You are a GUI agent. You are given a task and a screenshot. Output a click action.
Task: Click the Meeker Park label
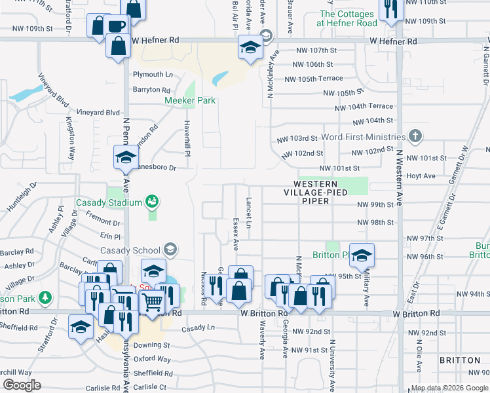[x=189, y=100]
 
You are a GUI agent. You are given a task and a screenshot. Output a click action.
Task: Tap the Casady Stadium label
[x=109, y=202]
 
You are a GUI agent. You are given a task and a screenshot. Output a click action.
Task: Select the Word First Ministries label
[x=365, y=137]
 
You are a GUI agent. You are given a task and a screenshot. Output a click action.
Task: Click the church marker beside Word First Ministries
[x=414, y=137]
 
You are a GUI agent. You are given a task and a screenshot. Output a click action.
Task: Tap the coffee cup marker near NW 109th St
[x=116, y=26]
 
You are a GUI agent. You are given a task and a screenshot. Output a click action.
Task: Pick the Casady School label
[x=131, y=250]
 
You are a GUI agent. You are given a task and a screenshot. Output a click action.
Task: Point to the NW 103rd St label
[x=297, y=139]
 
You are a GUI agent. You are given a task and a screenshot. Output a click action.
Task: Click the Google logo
[x=22, y=386]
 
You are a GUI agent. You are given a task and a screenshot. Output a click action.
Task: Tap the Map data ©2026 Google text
[x=449, y=388]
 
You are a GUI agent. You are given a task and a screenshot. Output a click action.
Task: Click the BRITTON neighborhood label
[x=459, y=361]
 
